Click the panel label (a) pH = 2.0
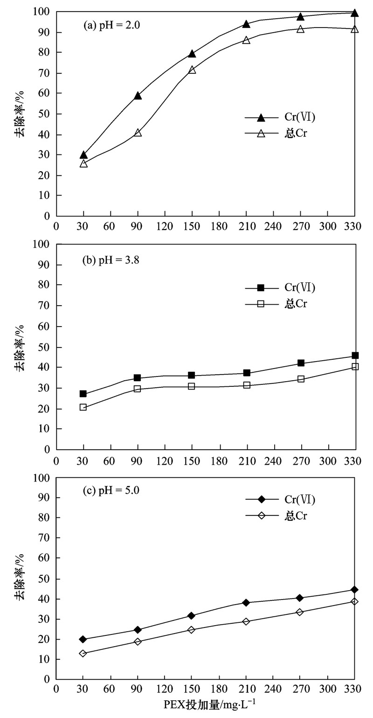click(112, 26)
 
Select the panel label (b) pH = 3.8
click(112, 260)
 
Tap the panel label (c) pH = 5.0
click(111, 490)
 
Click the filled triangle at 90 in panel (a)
click(138, 96)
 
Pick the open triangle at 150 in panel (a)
click(192, 70)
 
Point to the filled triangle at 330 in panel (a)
click(355, 13)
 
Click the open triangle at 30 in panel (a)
click(83, 163)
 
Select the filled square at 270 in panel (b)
click(301, 363)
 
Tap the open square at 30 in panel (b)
click(83, 407)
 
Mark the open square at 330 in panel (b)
click(355, 367)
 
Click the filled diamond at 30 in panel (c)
click(83, 639)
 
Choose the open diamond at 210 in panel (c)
click(246, 621)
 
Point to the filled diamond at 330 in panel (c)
click(355, 590)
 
